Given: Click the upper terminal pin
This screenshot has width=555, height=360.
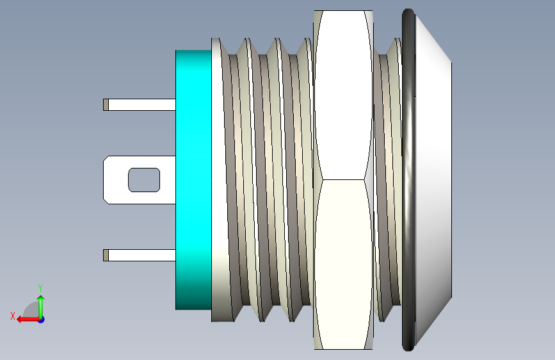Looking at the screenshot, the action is (140, 105).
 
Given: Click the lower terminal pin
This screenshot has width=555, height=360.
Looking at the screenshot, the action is (140, 256).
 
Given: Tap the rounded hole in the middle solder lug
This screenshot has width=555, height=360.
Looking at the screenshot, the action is (144, 180).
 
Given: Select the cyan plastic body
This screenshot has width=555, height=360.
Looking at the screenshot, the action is (193, 180).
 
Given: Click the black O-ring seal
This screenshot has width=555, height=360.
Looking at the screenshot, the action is (408, 180).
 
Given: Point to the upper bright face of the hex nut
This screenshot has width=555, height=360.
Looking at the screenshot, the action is (343, 95).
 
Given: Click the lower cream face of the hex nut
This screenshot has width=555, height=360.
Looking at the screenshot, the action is (343, 264).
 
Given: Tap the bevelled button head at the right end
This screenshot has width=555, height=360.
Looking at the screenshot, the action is (433, 180).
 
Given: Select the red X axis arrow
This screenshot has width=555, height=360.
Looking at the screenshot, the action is (28, 320).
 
